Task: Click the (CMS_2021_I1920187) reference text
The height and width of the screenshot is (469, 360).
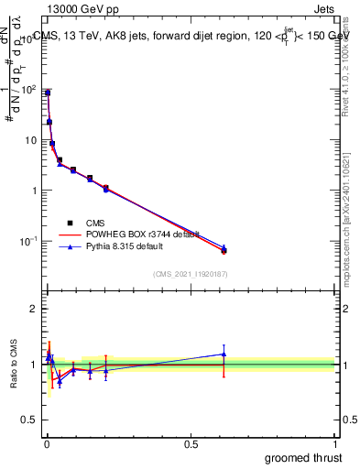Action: pos(190,273)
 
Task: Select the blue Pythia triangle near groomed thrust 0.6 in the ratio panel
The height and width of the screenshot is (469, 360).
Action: pos(224,354)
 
